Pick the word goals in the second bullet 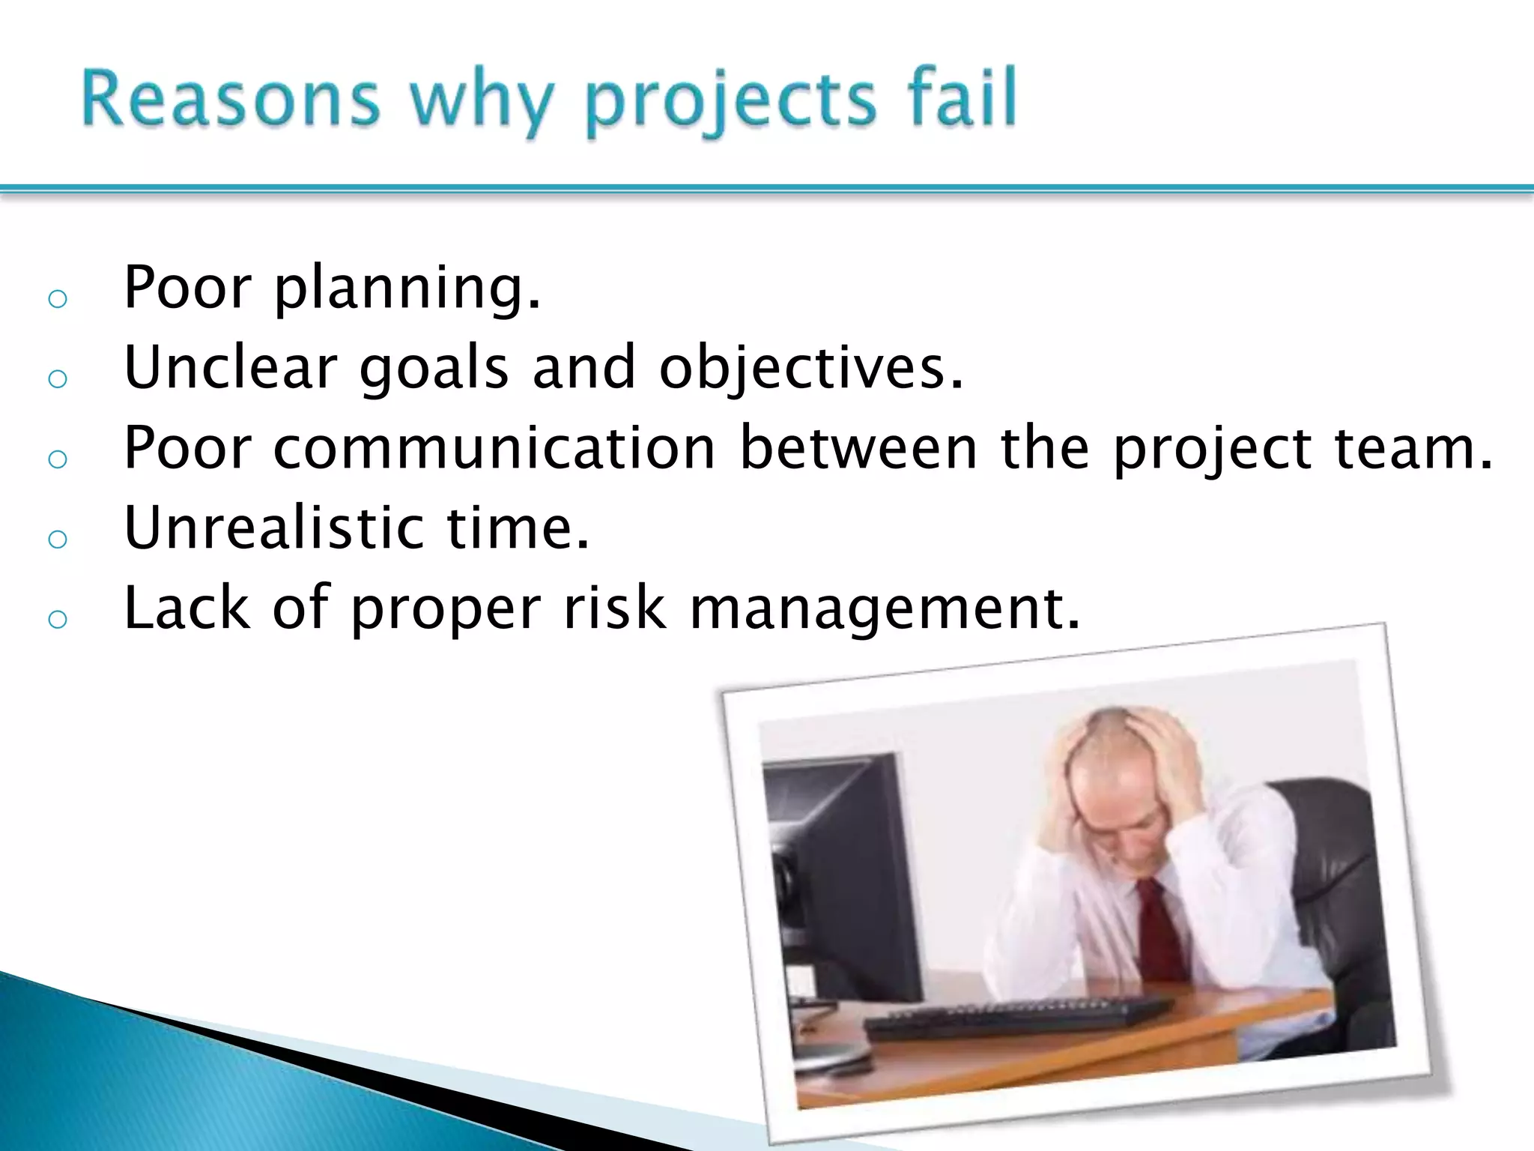[x=434, y=369]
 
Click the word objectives [x=810, y=369]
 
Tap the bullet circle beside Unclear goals [x=58, y=379]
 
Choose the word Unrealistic [x=274, y=528]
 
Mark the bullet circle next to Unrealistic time [x=58, y=539]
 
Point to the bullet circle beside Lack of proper [x=58, y=619]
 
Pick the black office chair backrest [x=1341, y=862]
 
